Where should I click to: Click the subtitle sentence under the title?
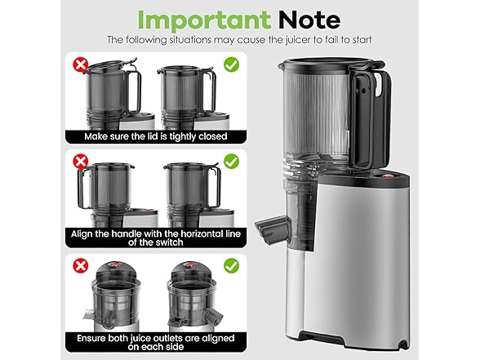pyautogui.click(x=239, y=39)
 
